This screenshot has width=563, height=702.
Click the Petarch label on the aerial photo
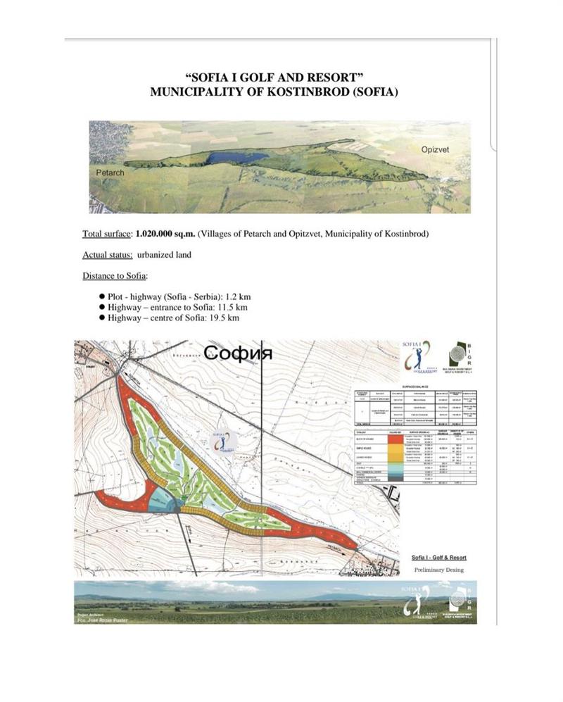tap(110, 173)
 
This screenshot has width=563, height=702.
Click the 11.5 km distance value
tap(234, 308)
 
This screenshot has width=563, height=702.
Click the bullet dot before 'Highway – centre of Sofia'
tap(102, 318)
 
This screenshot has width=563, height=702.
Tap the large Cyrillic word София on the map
tap(238, 352)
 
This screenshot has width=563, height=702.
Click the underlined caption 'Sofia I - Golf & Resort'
tap(439, 557)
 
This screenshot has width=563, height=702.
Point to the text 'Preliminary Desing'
tap(439, 570)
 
